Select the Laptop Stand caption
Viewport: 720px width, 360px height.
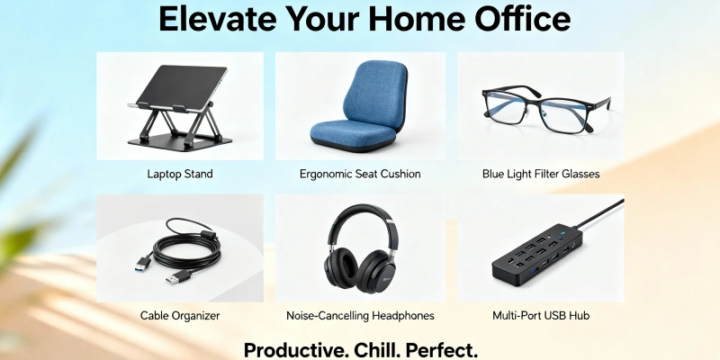[x=180, y=173]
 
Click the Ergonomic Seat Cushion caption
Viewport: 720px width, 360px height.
[x=360, y=173]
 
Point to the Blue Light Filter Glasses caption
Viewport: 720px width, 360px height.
[x=541, y=173]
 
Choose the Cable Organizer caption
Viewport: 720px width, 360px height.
[x=180, y=316]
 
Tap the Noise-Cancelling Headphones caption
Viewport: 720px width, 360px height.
[x=360, y=316]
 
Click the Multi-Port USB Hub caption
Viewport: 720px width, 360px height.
[x=541, y=316]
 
